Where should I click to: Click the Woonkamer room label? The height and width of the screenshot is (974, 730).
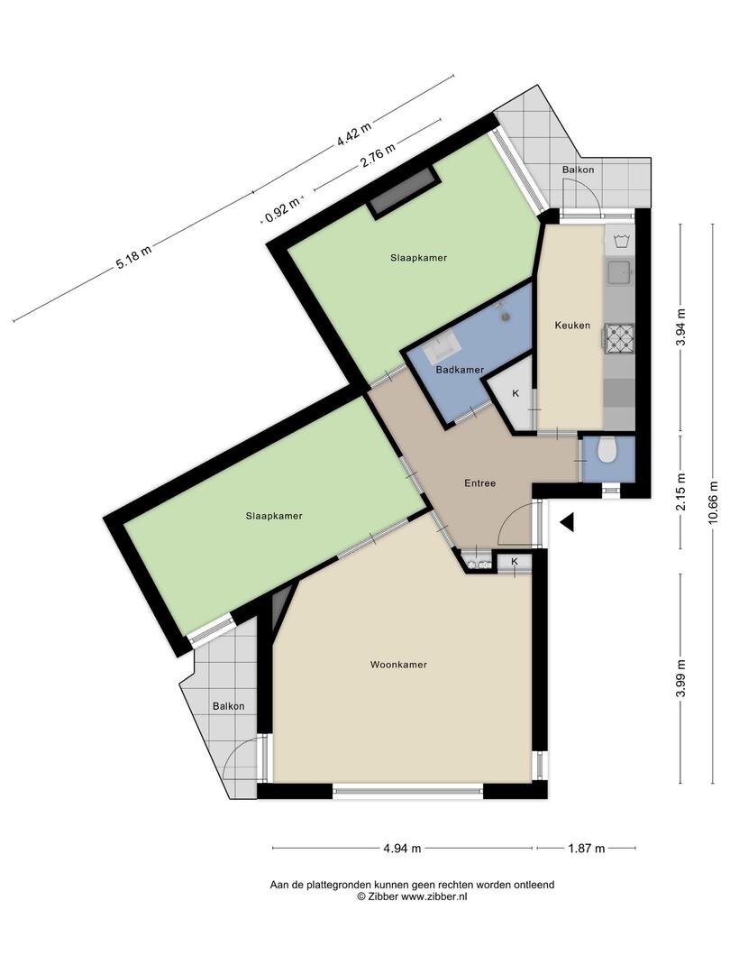(x=397, y=665)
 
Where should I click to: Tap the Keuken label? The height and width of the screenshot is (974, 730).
(x=572, y=326)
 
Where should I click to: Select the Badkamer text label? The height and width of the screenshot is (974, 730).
(x=460, y=370)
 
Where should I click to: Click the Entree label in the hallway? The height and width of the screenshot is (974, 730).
(x=479, y=483)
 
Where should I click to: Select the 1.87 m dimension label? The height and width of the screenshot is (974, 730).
(x=586, y=848)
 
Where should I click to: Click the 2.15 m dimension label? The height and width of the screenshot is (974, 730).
(x=681, y=492)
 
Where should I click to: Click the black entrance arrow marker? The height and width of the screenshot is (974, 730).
(x=567, y=521)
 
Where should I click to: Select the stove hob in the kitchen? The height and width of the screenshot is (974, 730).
(x=619, y=337)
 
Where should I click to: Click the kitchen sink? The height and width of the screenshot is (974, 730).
(x=619, y=271)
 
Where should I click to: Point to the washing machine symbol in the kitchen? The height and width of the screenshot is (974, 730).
(x=620, y=240)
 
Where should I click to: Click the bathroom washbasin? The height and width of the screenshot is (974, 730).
(x=443, y=345)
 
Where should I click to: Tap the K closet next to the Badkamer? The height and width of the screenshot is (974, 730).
(x=516, y=394)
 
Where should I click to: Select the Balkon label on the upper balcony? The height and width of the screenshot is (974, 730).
(x=578, y=170)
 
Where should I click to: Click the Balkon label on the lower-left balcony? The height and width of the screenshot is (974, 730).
(x=228, y=706)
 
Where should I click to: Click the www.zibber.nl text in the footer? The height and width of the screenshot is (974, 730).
(x=434, y=897)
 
